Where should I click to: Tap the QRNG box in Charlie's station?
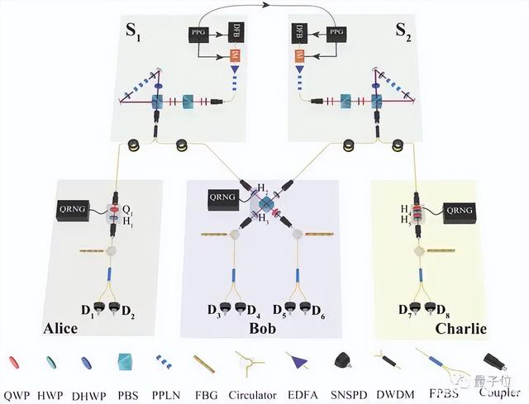[x=460, y=211]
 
